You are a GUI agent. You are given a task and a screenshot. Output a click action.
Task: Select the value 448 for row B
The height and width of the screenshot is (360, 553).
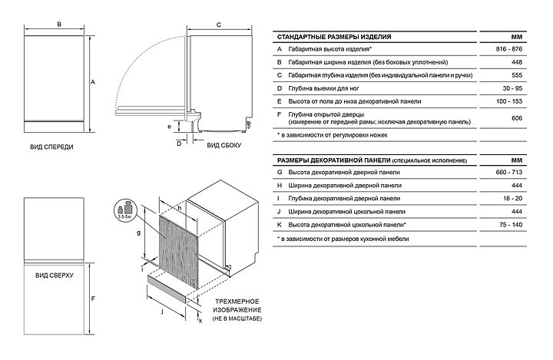pyautogui.click(x=517, y=61)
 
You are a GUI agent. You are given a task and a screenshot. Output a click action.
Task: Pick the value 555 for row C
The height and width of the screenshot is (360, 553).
pyautogui.click(x=517, y=74)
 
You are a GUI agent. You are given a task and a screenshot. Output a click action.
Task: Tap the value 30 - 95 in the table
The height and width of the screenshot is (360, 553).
pyautogui.click(x=517, y=88)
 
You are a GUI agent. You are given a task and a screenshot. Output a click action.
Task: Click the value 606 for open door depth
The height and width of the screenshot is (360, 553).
pyautogui.click(x=517, y=117)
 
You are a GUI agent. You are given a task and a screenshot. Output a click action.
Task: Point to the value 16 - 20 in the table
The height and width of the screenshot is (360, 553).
pyautogui.click(x=517, y=198)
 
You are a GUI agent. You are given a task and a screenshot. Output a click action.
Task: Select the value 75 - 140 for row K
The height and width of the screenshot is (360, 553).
pyautogui.click(x=517, y=224)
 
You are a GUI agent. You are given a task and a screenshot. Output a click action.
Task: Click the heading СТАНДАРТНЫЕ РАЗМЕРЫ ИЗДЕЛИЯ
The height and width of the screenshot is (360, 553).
pyautogui.click(x=334, y=36)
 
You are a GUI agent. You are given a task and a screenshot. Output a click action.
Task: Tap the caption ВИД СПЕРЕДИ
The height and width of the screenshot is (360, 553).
pyautogui.click(x=52, y=145)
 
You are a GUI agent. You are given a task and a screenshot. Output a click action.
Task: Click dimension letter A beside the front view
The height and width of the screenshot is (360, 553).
pyautogui.click(x=93, y=81)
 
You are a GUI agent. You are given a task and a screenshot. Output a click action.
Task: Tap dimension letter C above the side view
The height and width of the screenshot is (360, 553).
pyautogui.click(x=219, y=25)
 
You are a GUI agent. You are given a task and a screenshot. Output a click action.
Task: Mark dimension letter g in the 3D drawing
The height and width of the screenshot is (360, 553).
pyautogui.click(x=138, y=232)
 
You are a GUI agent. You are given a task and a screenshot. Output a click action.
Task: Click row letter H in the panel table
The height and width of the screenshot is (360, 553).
pyautogui.click(x=280, y=186)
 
